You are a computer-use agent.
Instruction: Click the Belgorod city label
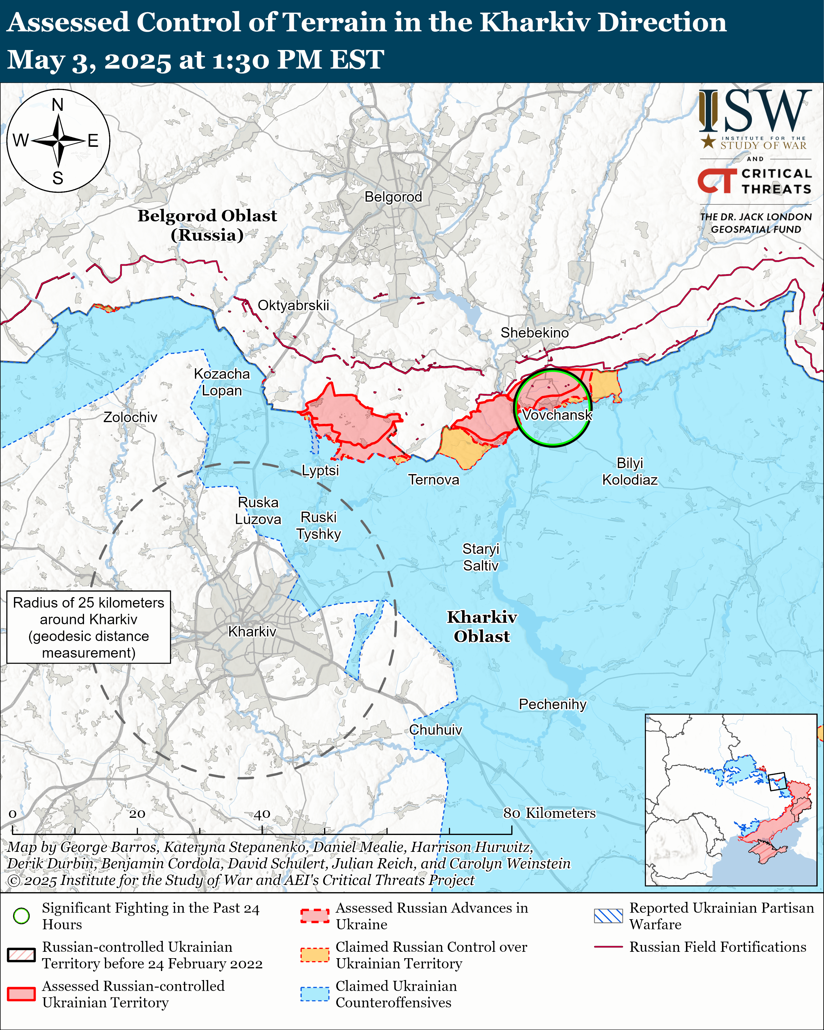(393, 197)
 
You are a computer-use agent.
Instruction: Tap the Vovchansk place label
(557, 415)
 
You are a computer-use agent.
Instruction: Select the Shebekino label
(535, 333)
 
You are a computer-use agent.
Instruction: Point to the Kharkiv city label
(252, 631)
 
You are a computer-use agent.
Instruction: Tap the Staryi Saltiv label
(480, 557)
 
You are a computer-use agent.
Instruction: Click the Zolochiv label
(131, 417)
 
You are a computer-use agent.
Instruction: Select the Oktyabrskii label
(293, 305)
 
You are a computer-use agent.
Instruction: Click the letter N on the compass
(58, 105)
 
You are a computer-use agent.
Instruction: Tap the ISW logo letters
(755, 111)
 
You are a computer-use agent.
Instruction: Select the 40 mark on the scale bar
(262, 814)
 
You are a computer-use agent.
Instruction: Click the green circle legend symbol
(22, 916)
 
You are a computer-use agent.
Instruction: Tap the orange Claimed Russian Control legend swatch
(315, 954)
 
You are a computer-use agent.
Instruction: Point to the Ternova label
(434, 480)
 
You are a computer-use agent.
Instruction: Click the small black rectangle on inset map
(777, 781)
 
